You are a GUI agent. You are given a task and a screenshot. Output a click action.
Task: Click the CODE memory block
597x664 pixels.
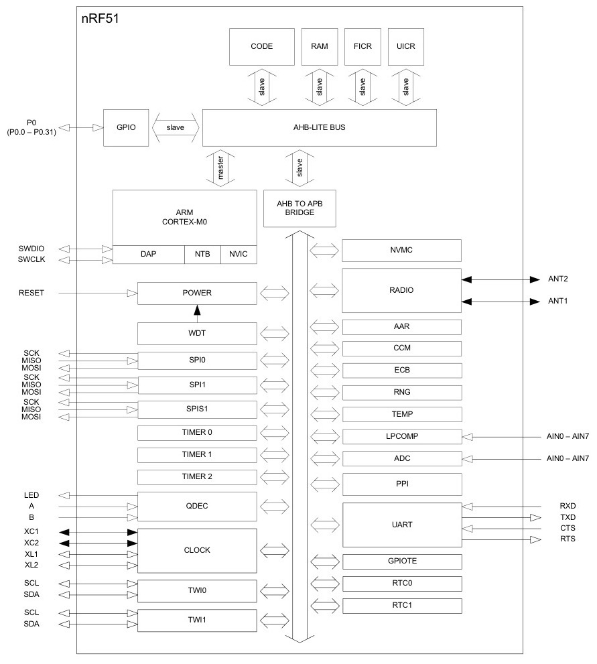pos(261,46)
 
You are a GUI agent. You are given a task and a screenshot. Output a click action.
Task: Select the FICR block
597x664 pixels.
pos(362,46)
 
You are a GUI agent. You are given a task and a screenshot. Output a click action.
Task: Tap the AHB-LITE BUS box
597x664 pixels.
pos(319,127)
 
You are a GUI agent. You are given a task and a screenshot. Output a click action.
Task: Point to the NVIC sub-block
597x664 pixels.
pos(238,255)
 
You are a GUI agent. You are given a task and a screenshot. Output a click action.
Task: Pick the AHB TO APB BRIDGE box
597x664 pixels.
pos(299,208)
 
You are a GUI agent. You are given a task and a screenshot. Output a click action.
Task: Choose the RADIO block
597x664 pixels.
pos(401,290)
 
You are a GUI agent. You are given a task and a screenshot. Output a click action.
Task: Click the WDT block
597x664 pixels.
pos(197,333)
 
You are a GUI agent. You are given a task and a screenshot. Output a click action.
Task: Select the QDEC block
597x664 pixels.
pos(197,507)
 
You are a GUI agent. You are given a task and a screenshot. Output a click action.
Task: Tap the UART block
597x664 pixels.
pos(401,525)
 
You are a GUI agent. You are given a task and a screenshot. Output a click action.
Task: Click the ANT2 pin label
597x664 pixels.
pos(557,279)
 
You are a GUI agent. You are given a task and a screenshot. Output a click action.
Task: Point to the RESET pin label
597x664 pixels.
pos(31,293)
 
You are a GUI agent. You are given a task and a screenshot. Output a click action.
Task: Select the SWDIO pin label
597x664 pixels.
pos(32,249)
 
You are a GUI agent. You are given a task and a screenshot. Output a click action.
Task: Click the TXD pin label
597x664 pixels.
pos(566,517)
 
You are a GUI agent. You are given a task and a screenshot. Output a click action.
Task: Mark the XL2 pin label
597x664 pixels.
pos(31,566)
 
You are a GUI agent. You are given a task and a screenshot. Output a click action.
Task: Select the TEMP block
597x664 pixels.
pos(401,414)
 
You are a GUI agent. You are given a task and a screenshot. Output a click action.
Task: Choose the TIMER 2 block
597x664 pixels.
pos(197,477)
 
